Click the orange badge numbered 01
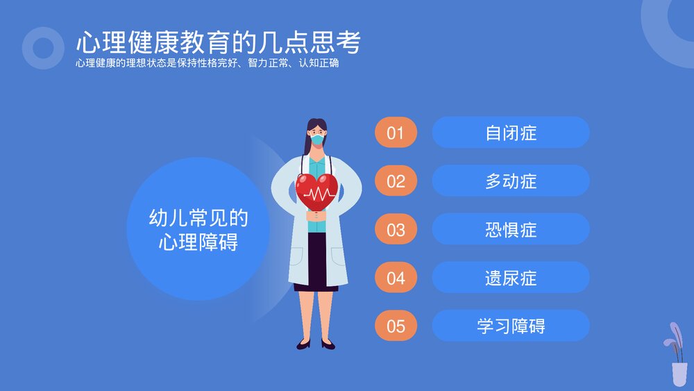pos(396,133)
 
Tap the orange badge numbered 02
pos(396,181)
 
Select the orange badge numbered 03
pos(396,230)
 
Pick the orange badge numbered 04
pos(396,278)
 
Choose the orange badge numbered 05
pos(396,326)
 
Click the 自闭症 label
pos(511,133)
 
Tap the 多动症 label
pos(511,181)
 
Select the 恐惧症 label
pos(511,230)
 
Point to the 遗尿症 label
pos(511,278)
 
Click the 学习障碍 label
pos(511,326)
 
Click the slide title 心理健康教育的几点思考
pos(218,43)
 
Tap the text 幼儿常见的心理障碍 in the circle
pos(198,230)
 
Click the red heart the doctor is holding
pos(316,190)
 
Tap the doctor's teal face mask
pos(317,140)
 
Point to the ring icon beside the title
pos(43,48)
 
